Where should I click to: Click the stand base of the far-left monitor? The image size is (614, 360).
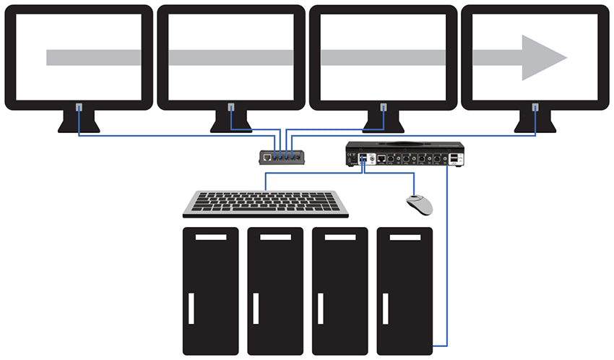click(x=79, y=128)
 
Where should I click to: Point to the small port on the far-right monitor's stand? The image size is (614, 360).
click(x=535, y=108)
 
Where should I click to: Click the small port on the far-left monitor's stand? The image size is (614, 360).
click(x=79, y=108)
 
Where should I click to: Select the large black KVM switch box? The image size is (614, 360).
click(x=402, y=153)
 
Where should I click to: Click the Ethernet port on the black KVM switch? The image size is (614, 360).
click(x=382, y=158)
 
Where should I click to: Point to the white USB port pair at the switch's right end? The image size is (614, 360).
click(x=452, y=158)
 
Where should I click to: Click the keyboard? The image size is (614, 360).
click(x=265, y=203)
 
